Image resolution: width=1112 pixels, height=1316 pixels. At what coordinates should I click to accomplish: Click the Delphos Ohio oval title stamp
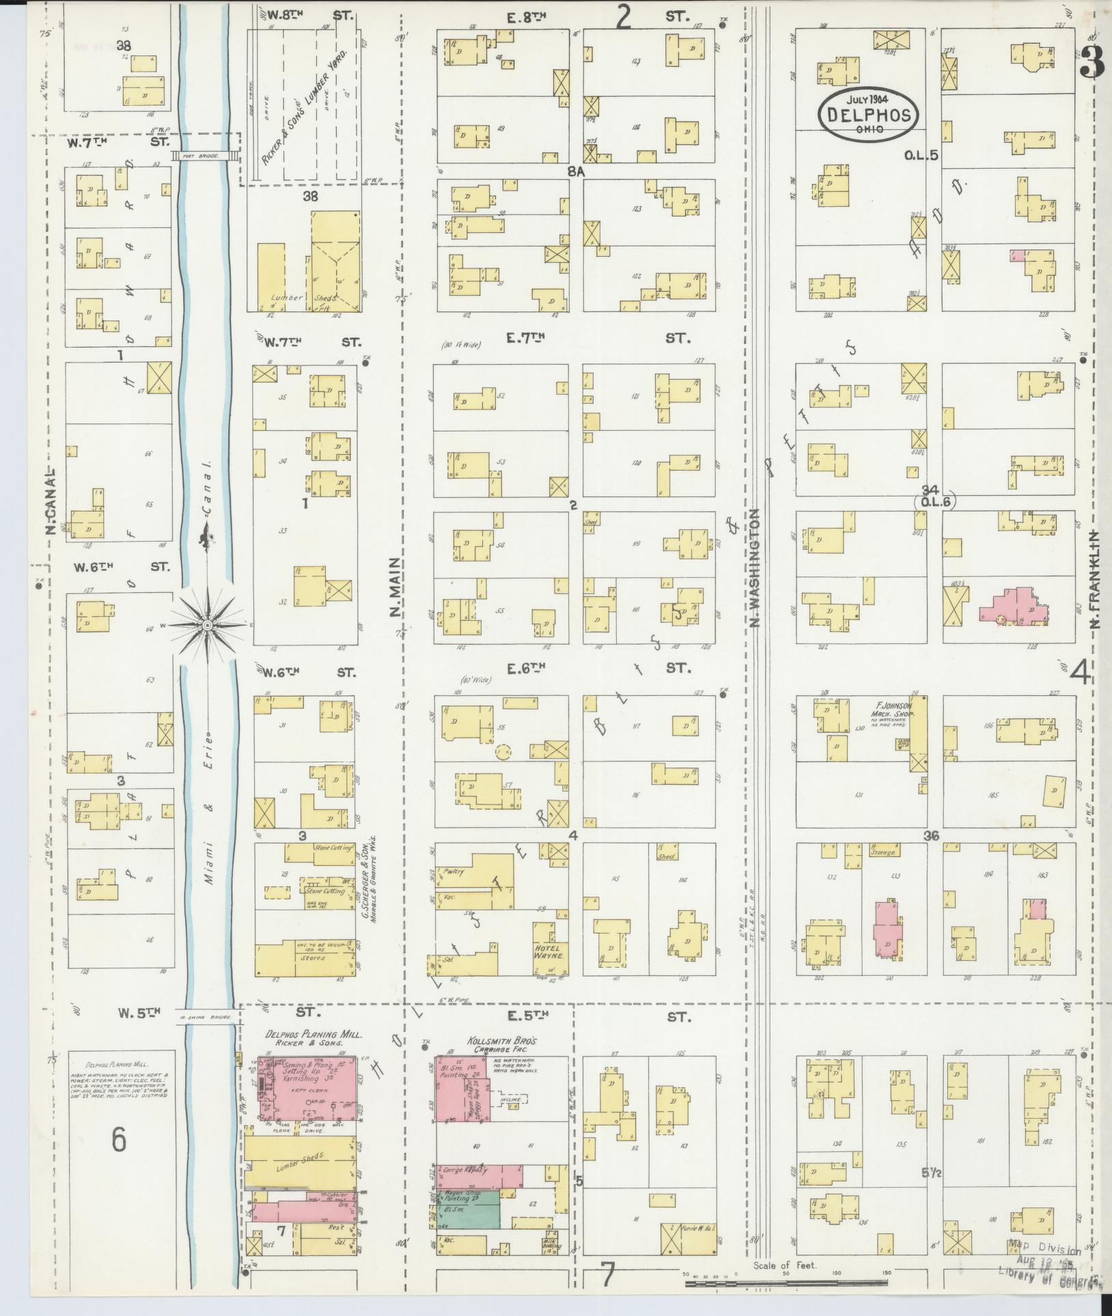pos(868,115)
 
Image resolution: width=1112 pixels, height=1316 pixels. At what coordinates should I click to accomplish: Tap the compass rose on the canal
pos(207,624)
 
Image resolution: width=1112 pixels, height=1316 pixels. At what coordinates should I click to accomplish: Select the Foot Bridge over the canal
pos(205,156)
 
